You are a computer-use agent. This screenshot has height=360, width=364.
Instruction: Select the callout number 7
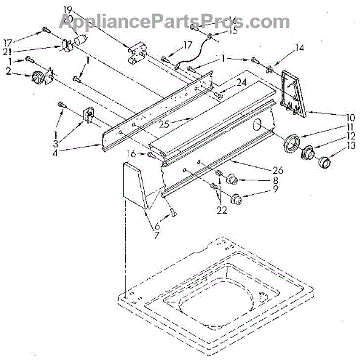156,235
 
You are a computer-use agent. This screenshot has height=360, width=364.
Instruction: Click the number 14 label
299,47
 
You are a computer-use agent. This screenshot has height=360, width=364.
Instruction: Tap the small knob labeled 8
232,179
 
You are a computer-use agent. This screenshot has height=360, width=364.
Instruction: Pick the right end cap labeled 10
294,93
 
